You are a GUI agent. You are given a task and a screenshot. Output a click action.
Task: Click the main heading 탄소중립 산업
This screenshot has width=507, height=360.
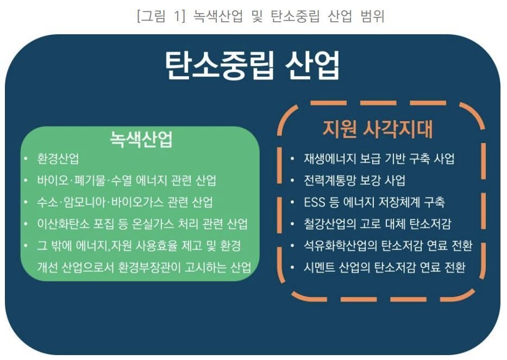coord(252,66)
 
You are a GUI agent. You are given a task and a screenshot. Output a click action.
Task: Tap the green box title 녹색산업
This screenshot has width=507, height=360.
coord(141,139)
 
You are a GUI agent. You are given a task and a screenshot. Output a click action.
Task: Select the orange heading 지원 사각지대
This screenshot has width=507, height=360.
coord(377,129)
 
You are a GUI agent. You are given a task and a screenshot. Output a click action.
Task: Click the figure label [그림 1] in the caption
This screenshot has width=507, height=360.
coord(161,15)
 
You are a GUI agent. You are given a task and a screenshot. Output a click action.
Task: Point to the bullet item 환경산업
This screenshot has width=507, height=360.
coord(58,158)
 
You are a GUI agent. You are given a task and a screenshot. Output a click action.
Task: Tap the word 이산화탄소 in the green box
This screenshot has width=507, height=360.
coord(64,224)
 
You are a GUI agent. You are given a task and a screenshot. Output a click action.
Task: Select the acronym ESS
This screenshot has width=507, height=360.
coord(314,202)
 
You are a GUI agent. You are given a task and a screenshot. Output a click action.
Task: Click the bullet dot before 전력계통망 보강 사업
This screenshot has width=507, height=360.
coord(292,181)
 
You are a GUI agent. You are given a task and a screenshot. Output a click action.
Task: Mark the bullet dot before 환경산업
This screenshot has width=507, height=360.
coord(26,158)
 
